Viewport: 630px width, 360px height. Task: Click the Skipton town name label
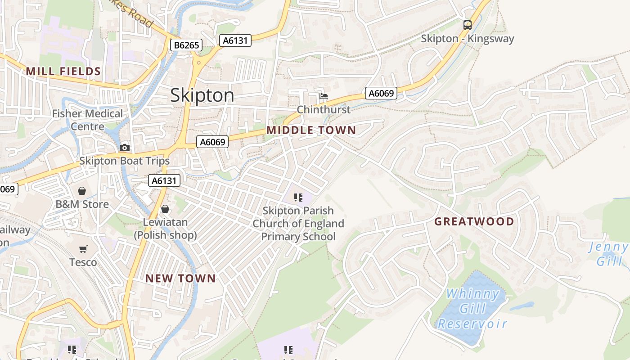click(x=202, y=95)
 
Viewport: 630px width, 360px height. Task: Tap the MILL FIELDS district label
click(x=63, y=71)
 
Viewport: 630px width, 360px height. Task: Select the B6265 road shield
click(x=186, y=45)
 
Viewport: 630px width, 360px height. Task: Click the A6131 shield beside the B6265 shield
click(x=235, y=40)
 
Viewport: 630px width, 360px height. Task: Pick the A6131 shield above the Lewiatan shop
click(x=164, y=181)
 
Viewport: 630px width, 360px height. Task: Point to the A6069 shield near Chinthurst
click(x=381, y=93)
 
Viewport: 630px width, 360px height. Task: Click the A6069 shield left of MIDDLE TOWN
click(x=212, y=142)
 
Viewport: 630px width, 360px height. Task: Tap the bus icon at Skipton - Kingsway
click(x=468, y=25)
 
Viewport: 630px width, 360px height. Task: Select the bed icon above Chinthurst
click(x=323, y=96)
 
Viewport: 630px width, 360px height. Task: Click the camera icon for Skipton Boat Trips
click(x=125, y=148)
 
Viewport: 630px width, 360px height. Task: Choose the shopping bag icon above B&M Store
click(x=82, y=191)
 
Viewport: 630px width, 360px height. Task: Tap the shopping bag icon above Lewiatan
click(x=165, y=209)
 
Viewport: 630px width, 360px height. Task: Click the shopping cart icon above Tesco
click(x=83, y=249)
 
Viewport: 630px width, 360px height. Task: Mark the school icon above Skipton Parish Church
click(x=298, y=197)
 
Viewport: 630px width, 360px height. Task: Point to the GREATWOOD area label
click(x=474, y=221)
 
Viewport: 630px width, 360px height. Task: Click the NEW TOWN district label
click(x=180, y=279)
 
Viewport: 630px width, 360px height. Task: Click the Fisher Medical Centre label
click(x=87, y=120)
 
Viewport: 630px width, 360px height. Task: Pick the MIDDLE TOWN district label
click(x=311, y=130)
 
